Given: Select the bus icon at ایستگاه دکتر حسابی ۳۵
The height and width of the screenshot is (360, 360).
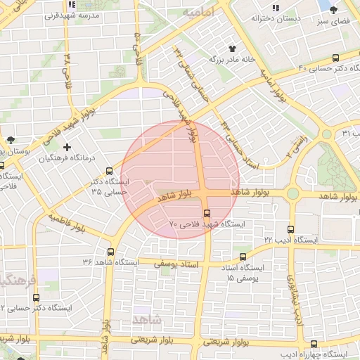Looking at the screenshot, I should pos(109,170).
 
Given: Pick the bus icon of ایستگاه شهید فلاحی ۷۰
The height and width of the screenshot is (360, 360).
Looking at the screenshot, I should pos(206,212).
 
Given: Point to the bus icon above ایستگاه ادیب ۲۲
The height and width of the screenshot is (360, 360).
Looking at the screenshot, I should pos(291,229).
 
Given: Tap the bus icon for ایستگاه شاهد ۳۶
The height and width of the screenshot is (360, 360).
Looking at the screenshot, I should pos(110,251).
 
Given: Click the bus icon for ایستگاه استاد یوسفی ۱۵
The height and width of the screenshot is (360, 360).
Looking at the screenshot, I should pos(243,257).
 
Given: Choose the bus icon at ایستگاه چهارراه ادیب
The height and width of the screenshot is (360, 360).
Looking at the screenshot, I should pos(314,343).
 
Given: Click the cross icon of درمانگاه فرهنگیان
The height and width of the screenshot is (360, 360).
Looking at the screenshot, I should pos(67,148).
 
